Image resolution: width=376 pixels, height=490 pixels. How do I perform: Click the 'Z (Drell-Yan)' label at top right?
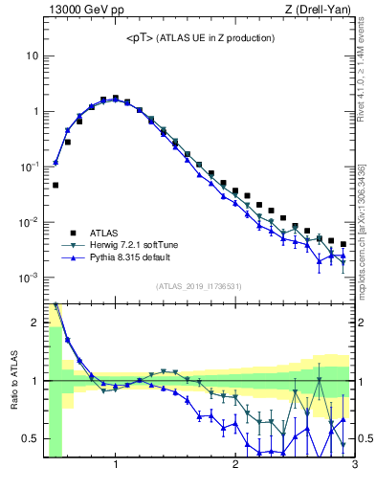(x=321, y=11)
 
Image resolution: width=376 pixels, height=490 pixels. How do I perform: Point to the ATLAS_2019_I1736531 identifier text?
(x=199, y=286)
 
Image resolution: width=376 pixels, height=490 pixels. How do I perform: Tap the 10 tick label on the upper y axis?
(x=32, y=56)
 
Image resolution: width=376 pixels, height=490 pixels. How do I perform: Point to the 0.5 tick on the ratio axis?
(x=30, y=438)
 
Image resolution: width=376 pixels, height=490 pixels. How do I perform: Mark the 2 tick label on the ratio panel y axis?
(x=34, y=323)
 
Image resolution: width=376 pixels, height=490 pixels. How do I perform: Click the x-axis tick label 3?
(x=353, y=466)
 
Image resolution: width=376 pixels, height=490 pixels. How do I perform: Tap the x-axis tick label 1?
(x=116, y=466)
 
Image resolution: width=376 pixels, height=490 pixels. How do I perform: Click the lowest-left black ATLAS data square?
(x=55, y=185)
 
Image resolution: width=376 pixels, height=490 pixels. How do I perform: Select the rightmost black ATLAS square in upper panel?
(x=343, y=244)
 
